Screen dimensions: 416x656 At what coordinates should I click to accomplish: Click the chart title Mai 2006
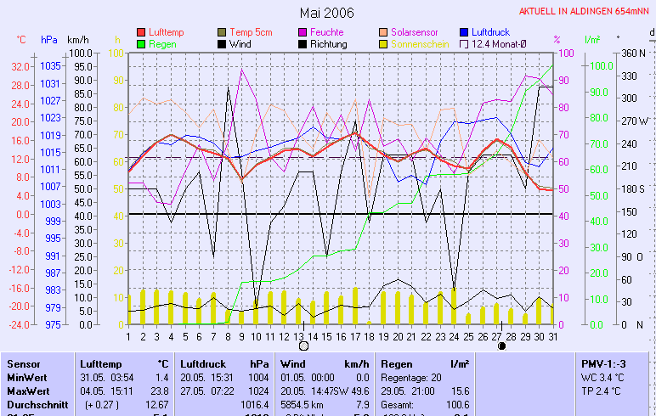click(x=327, y=13)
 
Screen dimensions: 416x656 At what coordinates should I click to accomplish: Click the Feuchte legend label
click(x=327, y=32)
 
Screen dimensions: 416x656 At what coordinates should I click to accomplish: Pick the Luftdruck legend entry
click(x=490, y=32)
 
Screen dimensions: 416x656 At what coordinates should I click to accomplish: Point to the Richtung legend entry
click(x=328, y=44)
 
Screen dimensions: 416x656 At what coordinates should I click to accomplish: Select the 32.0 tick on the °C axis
click(x=20, y=66)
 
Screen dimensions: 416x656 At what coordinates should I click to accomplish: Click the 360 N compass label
click(x=634, y=53)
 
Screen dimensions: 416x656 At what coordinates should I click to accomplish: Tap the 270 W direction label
click(x=634, y=121)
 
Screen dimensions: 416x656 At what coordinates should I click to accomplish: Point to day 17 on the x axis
click(x=355, y=336)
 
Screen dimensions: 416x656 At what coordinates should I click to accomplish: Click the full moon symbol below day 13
click(x=303, y=346)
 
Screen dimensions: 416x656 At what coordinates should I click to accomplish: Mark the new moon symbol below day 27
click(x=501, y=346)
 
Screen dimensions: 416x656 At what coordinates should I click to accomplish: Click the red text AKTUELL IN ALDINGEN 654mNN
click(x=585, y=13)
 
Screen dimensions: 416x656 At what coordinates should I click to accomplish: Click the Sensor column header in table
click(x=23, y=363)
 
